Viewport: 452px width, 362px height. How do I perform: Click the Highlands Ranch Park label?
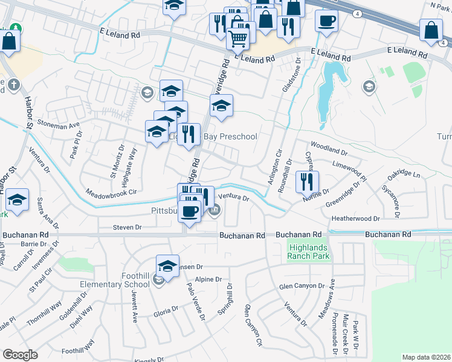(x=309, y=251)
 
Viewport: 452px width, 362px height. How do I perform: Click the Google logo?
(x=20, y=354)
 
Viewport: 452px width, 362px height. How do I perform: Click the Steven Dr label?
(x=127, y=227)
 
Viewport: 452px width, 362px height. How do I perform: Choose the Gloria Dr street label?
(x=166, y=310)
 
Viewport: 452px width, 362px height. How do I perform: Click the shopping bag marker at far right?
(x=433, y=31)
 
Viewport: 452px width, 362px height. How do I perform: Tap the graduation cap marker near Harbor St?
(x=17, y=201)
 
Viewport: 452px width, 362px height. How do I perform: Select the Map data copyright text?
(x=426, y=357)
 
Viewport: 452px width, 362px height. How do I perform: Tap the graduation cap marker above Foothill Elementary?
(x=167, y=265)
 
